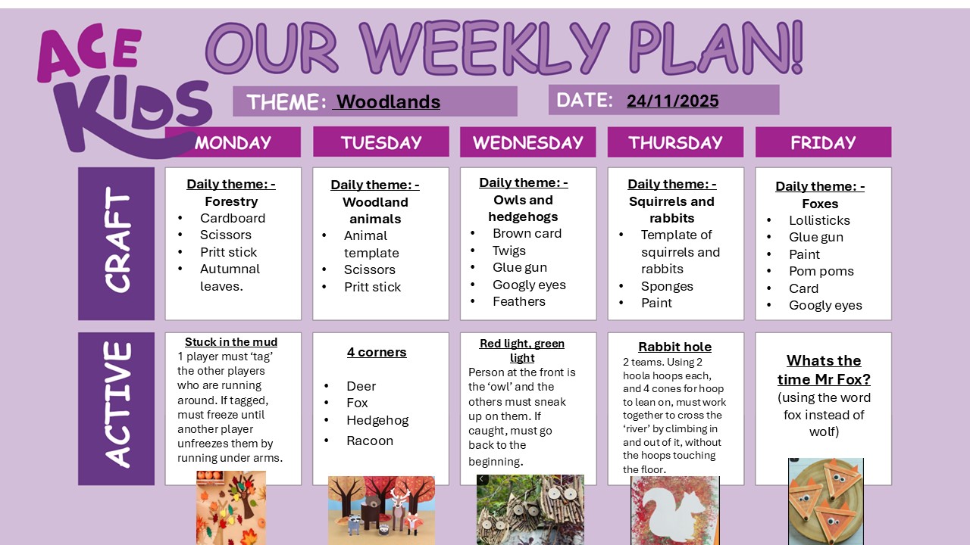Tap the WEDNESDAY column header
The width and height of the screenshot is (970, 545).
(527, 142)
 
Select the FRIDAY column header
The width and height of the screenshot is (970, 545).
(823, 142)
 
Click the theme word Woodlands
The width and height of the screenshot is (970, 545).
(388, 101)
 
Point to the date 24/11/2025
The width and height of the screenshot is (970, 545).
(673, 101)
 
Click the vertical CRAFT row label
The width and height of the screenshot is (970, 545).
(117, 243)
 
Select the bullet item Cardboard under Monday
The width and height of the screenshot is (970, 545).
(233, 218)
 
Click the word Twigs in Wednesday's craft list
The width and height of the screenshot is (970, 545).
(509, 251)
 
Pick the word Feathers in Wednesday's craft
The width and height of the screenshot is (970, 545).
(519, 301)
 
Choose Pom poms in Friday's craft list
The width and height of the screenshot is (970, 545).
(821, 271)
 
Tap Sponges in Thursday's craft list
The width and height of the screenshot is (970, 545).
(667, 286)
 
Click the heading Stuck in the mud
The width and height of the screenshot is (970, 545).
(231, 342)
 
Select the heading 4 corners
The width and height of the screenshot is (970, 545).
(377, 352)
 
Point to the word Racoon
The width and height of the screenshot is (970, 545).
(370, 441)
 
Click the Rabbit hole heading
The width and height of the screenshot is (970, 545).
(674, 347)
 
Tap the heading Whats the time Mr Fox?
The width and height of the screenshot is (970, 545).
(824, 369)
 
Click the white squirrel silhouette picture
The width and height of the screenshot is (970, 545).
(674, 510)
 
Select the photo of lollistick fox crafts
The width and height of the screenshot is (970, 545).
(825, 501)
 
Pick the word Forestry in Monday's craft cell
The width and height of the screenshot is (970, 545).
(231, 201)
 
